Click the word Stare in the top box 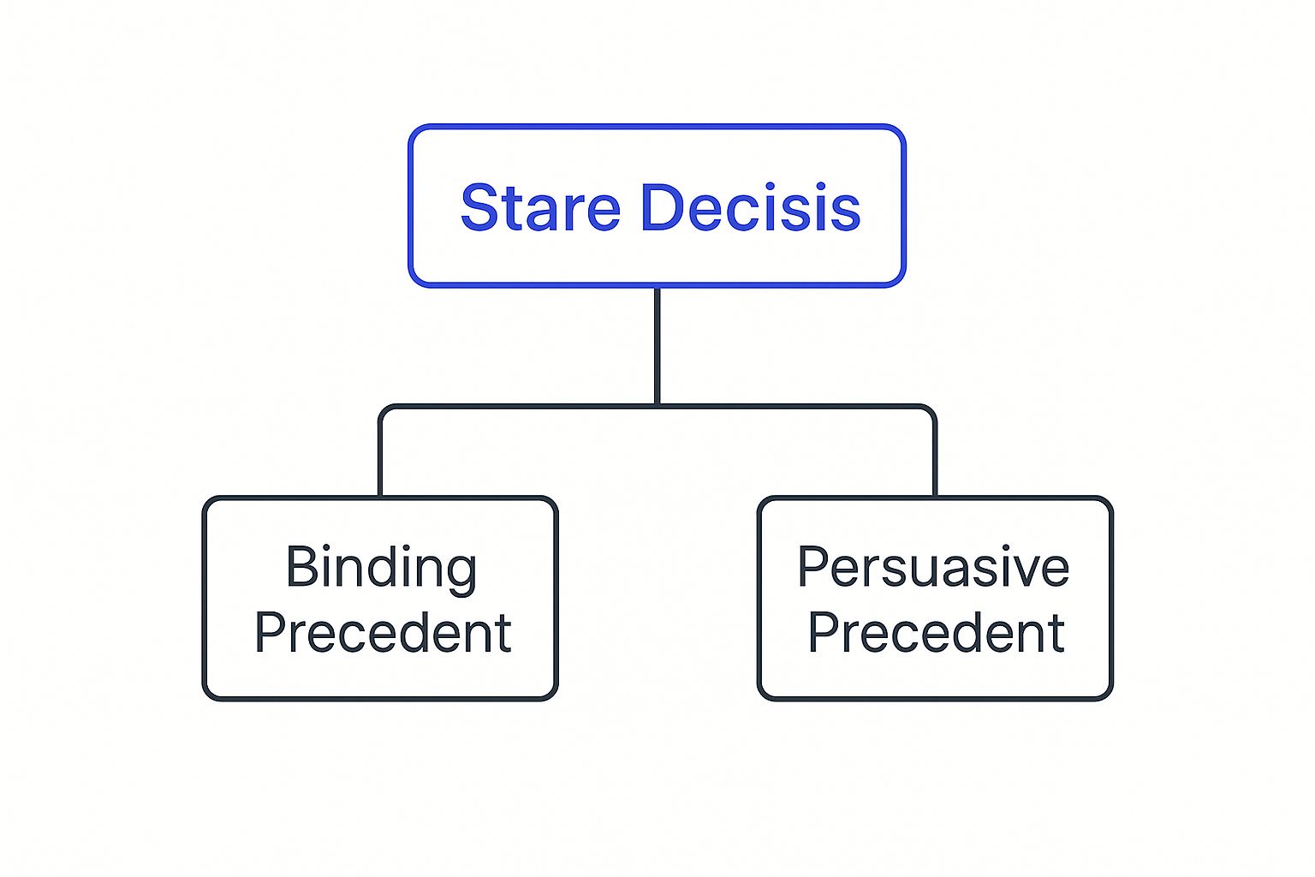(x=541, y=207)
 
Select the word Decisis (x=752, y=207)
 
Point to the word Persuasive (x=933, y=566)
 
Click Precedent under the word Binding (x=383, y=632)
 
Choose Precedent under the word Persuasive (x=937, y=632)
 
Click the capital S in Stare (x=479, y=207)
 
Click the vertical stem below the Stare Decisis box (x=657, y=345)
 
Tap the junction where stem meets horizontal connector (x=657, y=406)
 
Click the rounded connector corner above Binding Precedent (x=385, y=410)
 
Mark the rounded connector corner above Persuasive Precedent (x=930, y=410)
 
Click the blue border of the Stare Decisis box (x=657, y=126)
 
